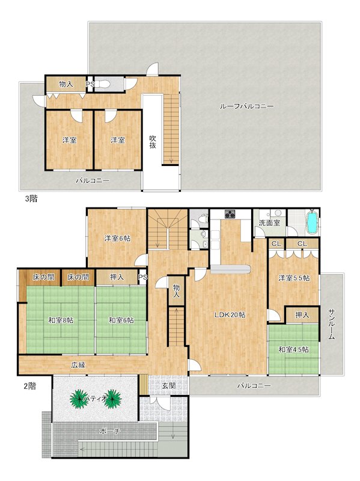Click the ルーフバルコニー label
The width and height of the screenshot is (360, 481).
(246, 106)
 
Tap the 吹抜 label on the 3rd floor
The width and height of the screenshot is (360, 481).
(153, 142)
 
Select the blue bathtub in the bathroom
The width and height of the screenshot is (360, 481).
(312, 222)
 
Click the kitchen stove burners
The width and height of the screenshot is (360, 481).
(230, 214)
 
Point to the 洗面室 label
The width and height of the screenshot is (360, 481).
(269, 223)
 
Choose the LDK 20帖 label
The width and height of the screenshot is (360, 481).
(230, 314)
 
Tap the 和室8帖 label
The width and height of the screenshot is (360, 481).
(61, 320)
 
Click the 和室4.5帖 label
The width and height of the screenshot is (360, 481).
(293, 349)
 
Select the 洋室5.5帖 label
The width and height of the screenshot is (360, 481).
(294, 278)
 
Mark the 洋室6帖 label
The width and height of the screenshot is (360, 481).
(117, 238)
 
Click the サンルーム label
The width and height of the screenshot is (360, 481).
(331, 324)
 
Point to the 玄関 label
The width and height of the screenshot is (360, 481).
(169, 385)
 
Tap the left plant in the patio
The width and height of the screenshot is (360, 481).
(79, 399)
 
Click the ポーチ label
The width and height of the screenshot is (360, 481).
(110, 431)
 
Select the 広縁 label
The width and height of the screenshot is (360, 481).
(78, 365)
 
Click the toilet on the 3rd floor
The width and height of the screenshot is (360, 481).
(104, 84)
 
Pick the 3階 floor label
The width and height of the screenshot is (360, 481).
(31, 199)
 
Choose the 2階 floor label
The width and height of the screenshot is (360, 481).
(29, 386)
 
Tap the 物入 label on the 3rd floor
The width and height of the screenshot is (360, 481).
(66, 84)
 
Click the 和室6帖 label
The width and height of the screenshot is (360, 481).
(121, 320)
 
